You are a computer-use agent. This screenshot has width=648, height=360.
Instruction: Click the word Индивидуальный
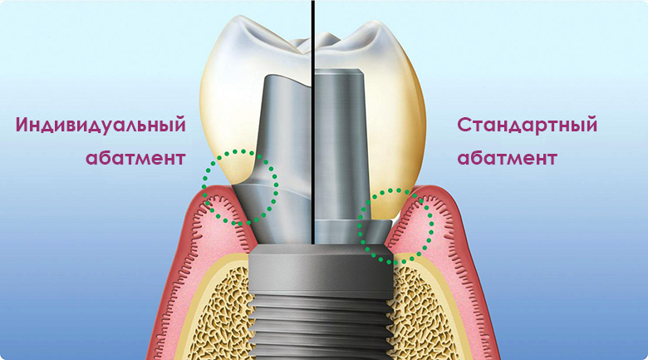(101, 126)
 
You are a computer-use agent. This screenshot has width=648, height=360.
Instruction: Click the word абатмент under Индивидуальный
(135, 158)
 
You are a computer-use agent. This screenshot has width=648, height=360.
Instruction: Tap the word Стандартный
(527, 126)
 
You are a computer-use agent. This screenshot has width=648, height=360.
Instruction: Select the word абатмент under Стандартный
(507, 158)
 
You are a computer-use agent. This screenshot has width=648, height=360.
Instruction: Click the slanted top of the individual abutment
(288, 81)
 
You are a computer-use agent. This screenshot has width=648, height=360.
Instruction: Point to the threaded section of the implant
(321, 323)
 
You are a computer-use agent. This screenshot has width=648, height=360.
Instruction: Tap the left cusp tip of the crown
(240, 18)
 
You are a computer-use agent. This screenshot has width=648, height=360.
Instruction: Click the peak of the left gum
(215, 189)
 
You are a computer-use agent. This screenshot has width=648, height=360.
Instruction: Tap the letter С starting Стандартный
(464, 125)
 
